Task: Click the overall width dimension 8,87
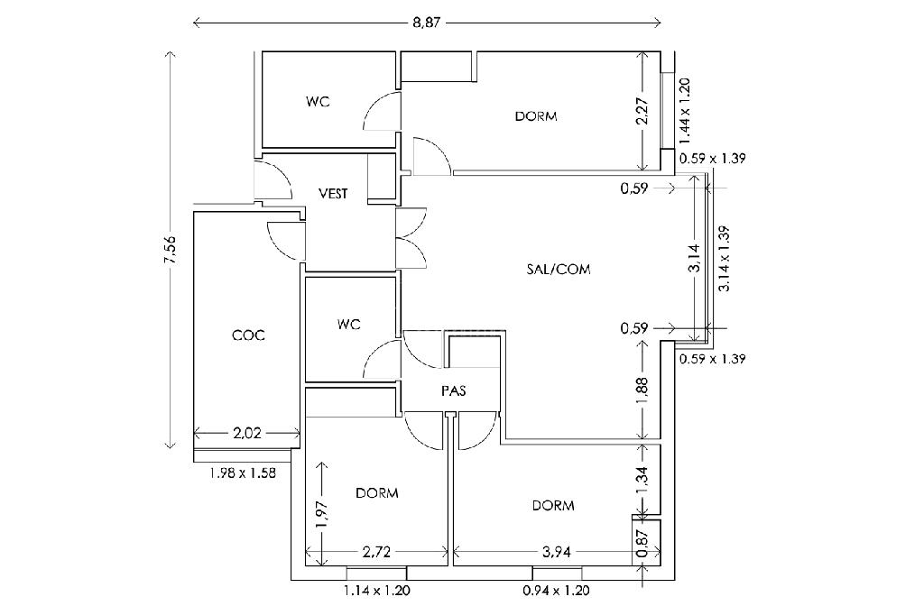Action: pos(427,23)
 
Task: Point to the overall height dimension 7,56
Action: pos(171,251)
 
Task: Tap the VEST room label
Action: pos(333,193)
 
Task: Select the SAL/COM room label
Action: pos(558,270)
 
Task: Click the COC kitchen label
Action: pos(248,335)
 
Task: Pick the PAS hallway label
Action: pos(454,390)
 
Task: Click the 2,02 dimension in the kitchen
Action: pos(247,434)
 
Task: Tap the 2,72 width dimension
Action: pos(376,552)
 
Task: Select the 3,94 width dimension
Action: pos(555,552)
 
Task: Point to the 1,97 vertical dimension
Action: pos(321,515)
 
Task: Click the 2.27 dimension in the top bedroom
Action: pos(642,110)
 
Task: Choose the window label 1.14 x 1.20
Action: pos(376,591)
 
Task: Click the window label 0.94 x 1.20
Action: pos(556,591)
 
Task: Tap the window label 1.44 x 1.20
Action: pos(684,111)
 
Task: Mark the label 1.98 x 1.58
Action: pos(243,473)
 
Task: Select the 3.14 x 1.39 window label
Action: pos(725,259)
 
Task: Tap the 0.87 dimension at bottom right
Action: pos(642,543)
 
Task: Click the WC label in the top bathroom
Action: pos(318,101)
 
